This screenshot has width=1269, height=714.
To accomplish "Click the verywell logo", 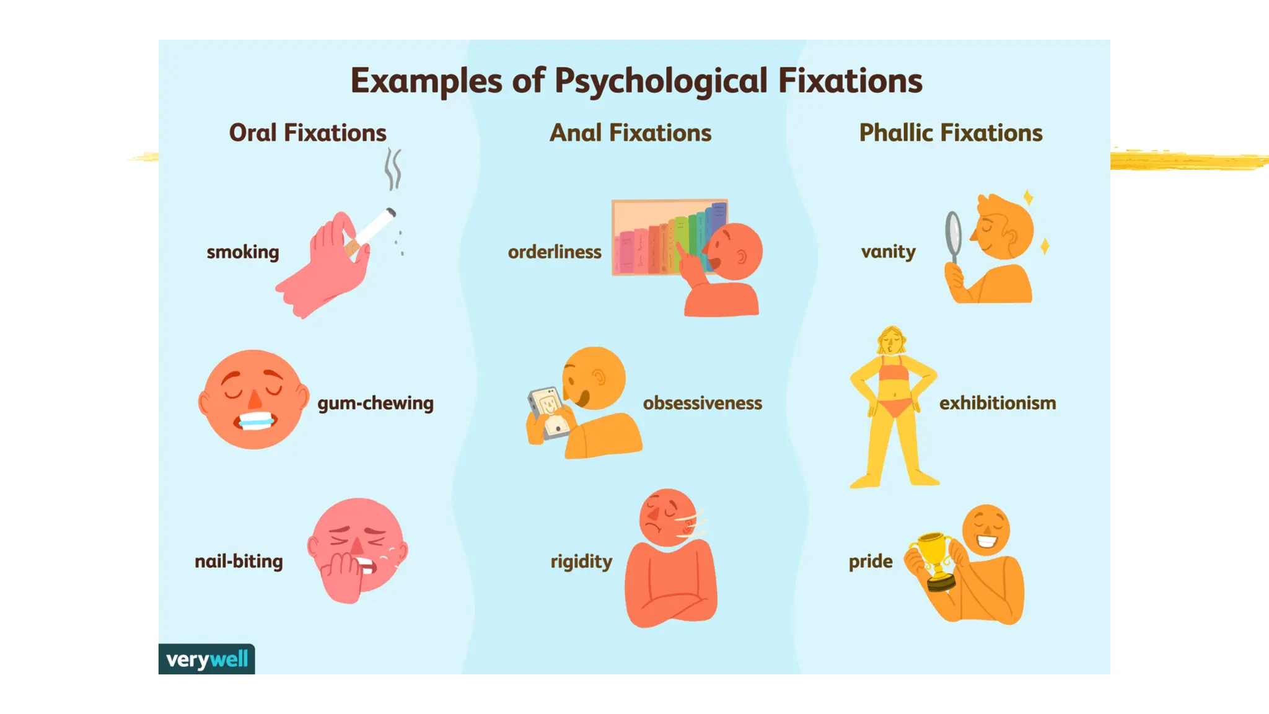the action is (207, 659).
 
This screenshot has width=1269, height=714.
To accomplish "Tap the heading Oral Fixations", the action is (307, 133).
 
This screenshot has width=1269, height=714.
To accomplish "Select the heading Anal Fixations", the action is (630, 133).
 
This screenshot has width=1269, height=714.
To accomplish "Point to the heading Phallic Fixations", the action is (951, 133).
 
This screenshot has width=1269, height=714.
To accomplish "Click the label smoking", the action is (243, 252).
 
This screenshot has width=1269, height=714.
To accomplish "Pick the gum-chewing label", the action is (375, 403).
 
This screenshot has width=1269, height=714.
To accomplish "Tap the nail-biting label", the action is (239, 561).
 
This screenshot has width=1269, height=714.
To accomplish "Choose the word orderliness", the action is (555, 252).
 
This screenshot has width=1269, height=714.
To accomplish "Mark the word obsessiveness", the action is (702, 403).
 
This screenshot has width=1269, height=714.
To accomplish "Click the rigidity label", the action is (581, 561).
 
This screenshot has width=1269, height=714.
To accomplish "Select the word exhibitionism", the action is (998, 403).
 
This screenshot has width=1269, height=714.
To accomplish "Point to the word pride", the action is (871, 561).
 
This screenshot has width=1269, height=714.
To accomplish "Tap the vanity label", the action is (888, 251).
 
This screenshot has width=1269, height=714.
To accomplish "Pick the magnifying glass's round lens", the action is (953, 231).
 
